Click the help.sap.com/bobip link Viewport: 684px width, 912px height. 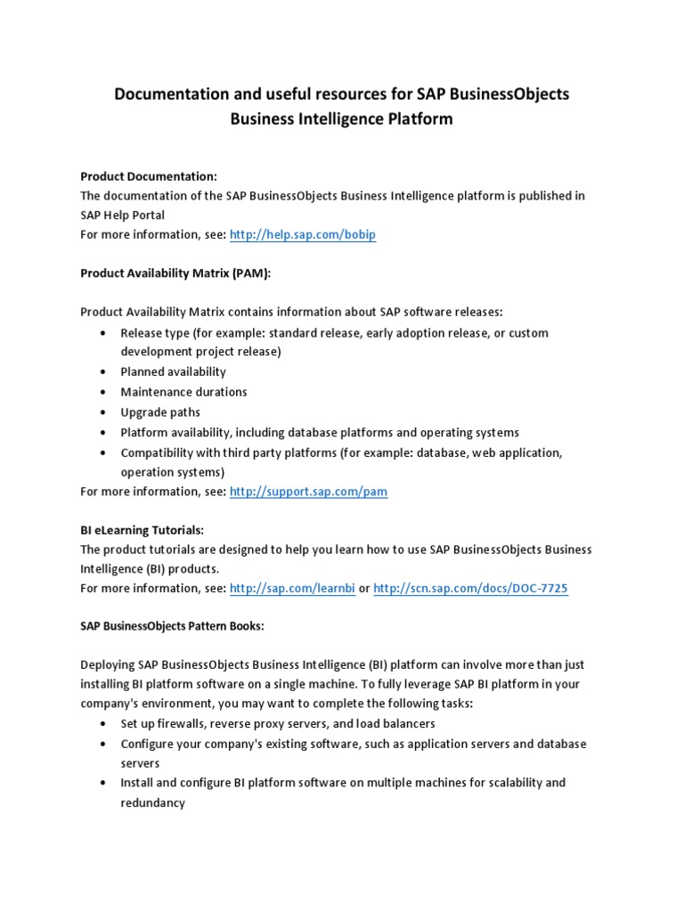(x=290, y=235)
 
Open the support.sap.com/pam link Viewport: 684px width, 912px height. (x=308, y=492)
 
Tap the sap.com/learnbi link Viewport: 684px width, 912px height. (x=292, y=589)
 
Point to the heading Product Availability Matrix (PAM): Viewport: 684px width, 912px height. (x=175, y=273)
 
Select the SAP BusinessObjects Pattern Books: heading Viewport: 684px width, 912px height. (x=172, y=626)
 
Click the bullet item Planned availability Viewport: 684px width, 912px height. (x=174, y=371)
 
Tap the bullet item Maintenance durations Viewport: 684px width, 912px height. (x=183, y=392)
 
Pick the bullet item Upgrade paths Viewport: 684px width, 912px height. (x=160, y=412)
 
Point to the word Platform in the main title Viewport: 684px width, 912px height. (x=418, y=119)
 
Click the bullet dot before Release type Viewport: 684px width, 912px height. (x=103, y=333)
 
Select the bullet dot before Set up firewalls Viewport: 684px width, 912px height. (x=103, y=723)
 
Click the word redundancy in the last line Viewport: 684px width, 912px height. (x=152, y=802)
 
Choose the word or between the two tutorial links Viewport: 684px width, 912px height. (x=364, y=589)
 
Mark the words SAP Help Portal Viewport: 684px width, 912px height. (x=122, y=216)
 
